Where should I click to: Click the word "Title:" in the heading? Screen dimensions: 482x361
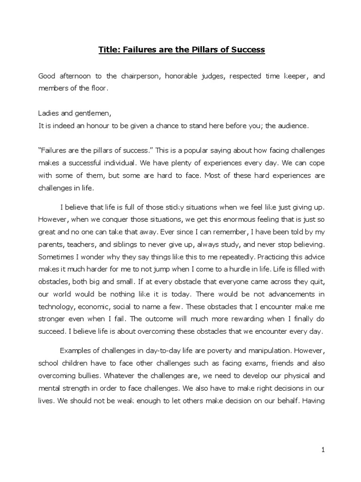click(x=110, y=49)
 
